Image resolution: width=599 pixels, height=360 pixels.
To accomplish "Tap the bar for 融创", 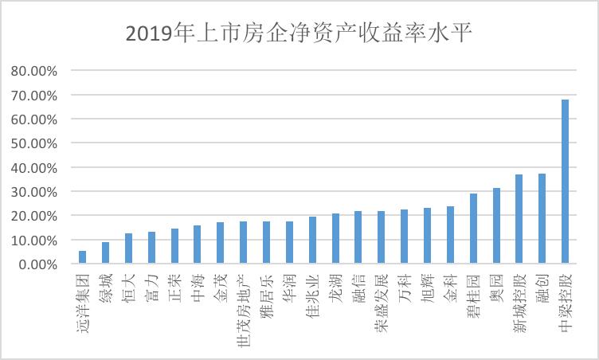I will click(542, 218).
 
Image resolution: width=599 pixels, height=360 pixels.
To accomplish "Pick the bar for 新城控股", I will click(519, 219).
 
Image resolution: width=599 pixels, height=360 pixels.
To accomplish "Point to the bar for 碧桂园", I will click(473, 229).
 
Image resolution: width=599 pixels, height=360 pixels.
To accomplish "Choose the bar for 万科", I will click(404, 237).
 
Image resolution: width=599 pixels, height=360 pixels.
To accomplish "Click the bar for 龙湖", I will click(335, 239).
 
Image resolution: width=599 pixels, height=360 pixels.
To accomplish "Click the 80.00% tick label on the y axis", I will click(34, 71).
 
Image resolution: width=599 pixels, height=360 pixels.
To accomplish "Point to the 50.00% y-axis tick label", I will click(34, 143).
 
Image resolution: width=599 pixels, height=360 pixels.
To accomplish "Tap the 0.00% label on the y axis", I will click(37, 264).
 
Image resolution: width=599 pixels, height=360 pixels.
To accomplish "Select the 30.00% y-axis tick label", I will click(34, 192).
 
